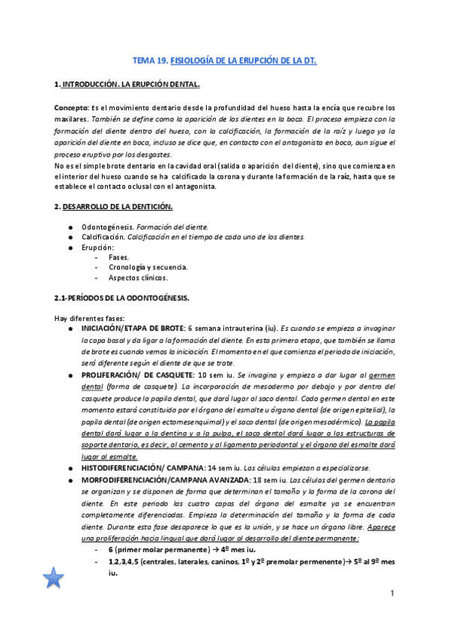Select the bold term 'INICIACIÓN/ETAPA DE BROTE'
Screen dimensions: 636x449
[x=132, y=329]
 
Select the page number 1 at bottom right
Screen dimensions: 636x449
[x=391, y=594]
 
